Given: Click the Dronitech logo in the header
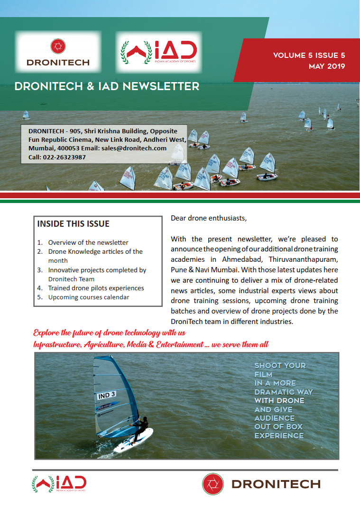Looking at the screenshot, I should pyautogui.click(x=58, y=52).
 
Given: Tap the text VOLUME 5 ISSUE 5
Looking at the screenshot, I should pyautogui.click(x=309, y=55).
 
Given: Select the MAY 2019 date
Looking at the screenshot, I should pyautogui.click(x=327, y=66).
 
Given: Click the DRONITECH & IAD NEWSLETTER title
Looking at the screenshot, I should pyautogui.click(x=107, y=86).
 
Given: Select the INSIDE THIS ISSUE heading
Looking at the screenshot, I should pyautogui.click(x=73, y=224).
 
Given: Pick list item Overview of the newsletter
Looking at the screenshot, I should pyautogui.click(x=88, y=242).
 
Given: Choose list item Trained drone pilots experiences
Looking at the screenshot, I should pyautogui.click(x=96, y=288).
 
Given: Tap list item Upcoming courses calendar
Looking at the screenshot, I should pyautogui.click(x=89, y=297).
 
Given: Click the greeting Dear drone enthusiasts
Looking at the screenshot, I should pyautogui.click(x=209, y=219).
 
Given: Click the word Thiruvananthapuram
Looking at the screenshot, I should pyautogui.click(x=303, y=259).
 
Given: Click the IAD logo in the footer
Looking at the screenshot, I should pyautogui.click(x=59, y=484).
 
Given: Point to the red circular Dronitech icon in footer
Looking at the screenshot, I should pyautogui.click(x=213, y=484).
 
